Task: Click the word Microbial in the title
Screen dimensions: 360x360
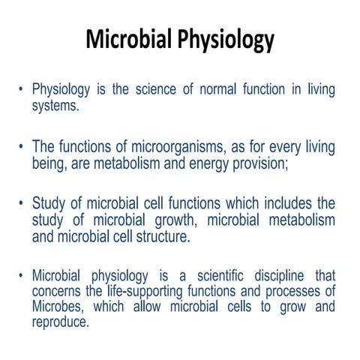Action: [129, 39]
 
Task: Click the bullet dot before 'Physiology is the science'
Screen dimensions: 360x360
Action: [22, 91]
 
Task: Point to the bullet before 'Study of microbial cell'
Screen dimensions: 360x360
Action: [22, 204]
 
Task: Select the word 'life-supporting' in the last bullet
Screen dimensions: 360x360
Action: [132, 291]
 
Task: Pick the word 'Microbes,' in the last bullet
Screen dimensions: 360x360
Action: [59, 307]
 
